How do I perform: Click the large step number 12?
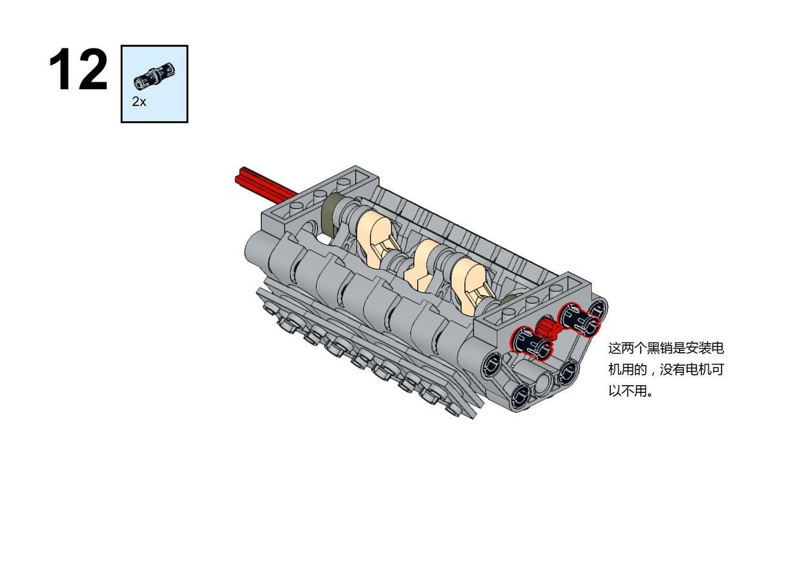point(78,69)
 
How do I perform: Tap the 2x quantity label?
point(139,102)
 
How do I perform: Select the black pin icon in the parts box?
point(155,76)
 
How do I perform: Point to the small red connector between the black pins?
point(547,328)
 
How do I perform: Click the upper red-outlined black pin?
point(579,317)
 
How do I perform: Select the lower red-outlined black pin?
point(531,344)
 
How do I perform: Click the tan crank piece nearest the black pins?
point(473,289)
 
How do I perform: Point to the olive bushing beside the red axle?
point(333,214)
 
